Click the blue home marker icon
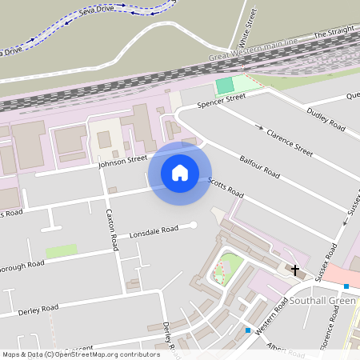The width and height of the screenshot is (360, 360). (x=180, y=173)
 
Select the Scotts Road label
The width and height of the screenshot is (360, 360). (x=226, y=188)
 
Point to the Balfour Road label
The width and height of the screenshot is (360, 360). (x=260, y=167)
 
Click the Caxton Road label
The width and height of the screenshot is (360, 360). (x=113, y=229)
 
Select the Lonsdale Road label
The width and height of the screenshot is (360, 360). (x=154, y=230)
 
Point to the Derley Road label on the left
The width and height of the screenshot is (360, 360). (x=38, y=309)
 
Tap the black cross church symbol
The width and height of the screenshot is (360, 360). (x=295, y=270)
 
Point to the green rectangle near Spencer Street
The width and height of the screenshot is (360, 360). (x=226, y=85)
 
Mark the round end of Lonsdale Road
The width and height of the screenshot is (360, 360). (x=193, y=226)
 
